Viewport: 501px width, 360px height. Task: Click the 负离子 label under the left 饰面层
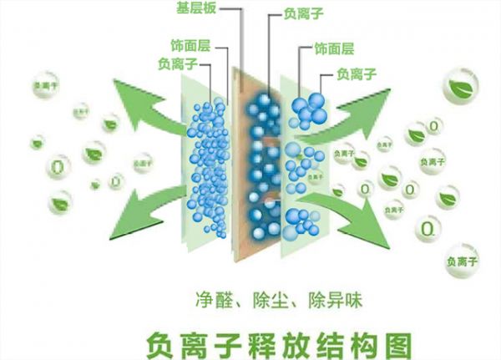click(x=176, y=63)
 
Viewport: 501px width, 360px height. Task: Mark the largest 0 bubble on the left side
click(x=56, y=165)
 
